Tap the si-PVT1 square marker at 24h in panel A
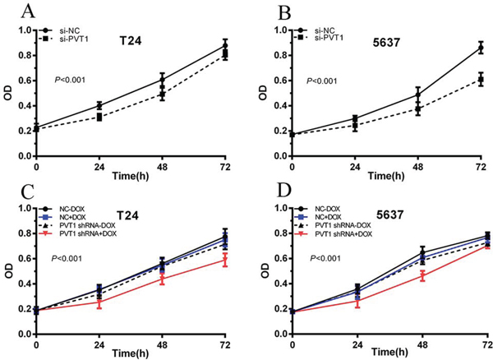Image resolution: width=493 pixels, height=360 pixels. pyautogui.click(x=99, y=117)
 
